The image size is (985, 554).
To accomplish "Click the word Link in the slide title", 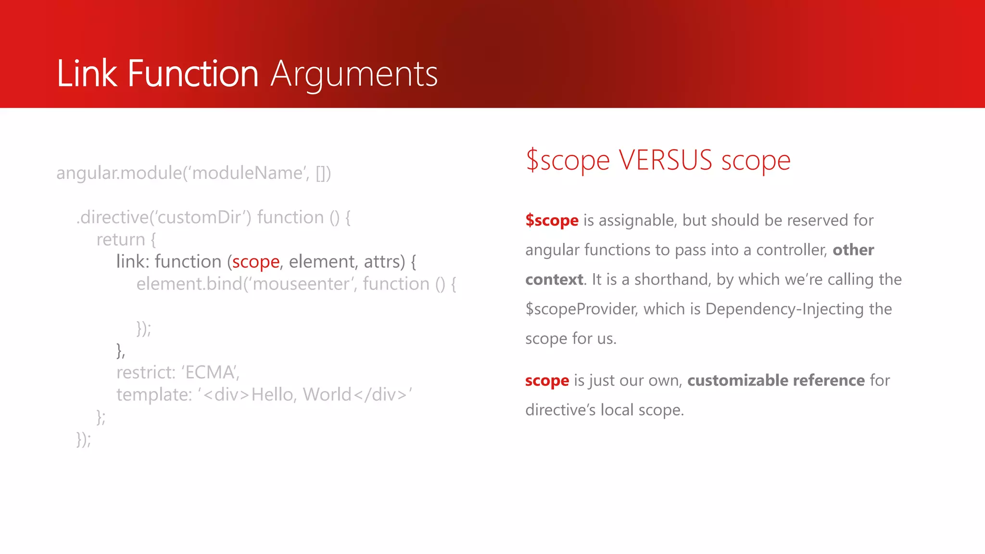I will click(87, 74).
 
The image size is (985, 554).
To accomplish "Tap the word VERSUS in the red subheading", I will click(665, 160).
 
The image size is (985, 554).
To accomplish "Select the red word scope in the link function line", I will click(255, 262).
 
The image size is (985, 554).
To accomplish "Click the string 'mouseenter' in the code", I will click(301, 284).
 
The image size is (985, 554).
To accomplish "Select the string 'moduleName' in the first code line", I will click(248, 173).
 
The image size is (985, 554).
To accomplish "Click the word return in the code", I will click(120, 240).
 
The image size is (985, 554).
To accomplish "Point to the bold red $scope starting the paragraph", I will click(552, 220).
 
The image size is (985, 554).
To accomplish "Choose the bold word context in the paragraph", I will click(554, 279).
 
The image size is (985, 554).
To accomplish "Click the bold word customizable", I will click(737, 380).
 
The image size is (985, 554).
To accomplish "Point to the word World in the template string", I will click(327, 395).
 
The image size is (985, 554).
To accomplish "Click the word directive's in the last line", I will click(560, 410).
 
